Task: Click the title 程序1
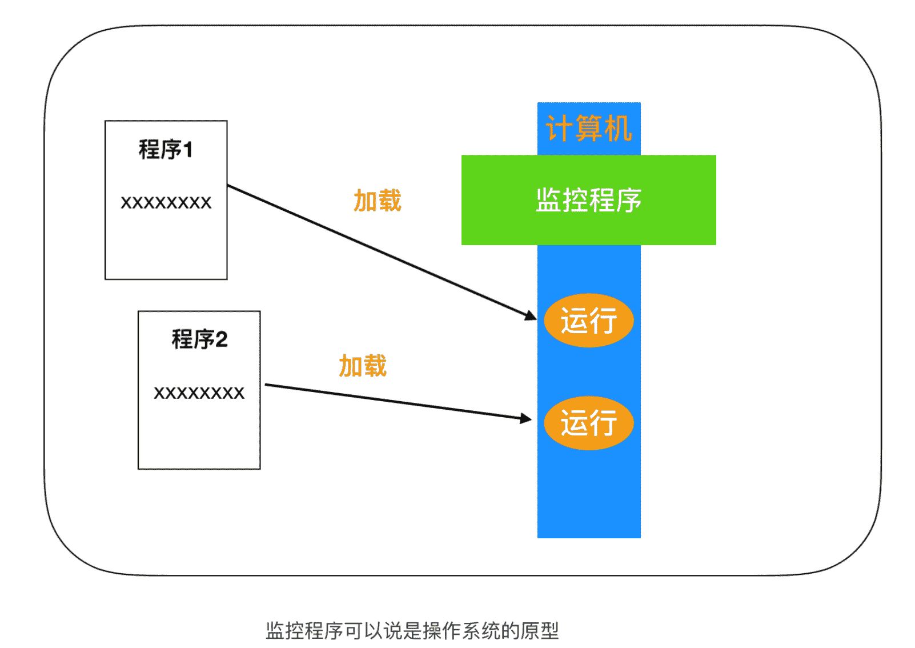(x=166, y=150)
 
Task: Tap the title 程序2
(x=199, y=339)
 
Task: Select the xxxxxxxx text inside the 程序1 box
(x=166, y=203)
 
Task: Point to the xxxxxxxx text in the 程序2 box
(x=199, y=393)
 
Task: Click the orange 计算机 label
(x=588, y=129)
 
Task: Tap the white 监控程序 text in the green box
(x=588, y=201)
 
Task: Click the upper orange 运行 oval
(x=588, y=321)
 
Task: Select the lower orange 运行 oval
(x=588, y=423)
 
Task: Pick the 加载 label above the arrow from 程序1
(x=378, y=201)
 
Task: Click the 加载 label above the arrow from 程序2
(x=363, y=366)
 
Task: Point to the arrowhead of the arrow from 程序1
(x=531, y=315)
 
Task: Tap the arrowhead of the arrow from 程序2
(x=525, y=418)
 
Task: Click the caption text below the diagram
(x=412, y=631)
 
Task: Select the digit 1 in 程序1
(x=188, y=150)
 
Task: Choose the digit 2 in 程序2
(x=222, y=340)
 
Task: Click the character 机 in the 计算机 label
(x=619, y=129)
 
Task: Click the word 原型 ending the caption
(x=540, y=631)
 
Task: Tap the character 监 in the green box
(x=548, y=201)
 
